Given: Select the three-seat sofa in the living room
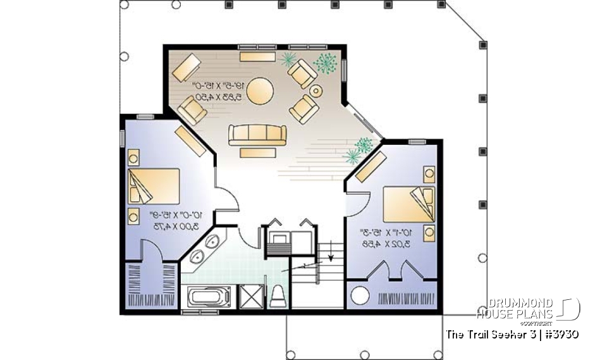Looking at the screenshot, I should click(257, 134).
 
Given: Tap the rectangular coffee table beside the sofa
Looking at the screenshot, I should click(257, 151).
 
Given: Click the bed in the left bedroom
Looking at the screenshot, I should click(154, 186).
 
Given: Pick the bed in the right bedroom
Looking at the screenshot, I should click(408, 204).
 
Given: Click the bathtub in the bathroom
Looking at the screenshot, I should click(209, 296).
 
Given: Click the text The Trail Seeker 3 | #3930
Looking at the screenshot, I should click(512, 333).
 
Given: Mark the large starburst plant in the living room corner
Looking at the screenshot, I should click(326, 63).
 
